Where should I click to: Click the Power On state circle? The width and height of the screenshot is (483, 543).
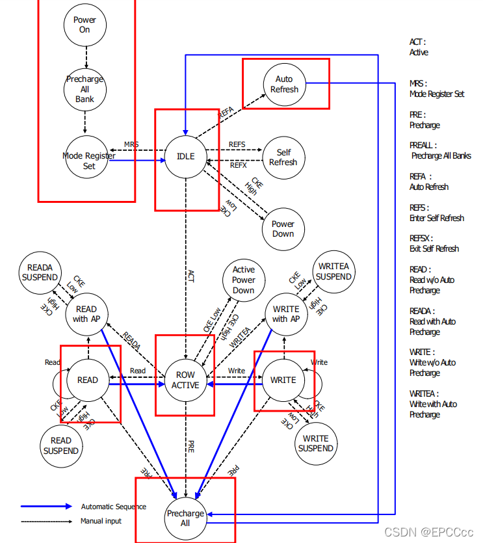[x=85, y=25]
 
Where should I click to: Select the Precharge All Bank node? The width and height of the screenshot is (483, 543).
[x=85, y=89]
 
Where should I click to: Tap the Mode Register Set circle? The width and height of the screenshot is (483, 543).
[x=88, y=161]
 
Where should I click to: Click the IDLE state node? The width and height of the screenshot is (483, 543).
[x=185, y=156]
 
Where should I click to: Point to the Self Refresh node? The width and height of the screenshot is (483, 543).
[x=283, y=157]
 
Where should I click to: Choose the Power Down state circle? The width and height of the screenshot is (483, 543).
[x=283, y=228]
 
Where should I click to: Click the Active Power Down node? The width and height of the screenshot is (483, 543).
[x=244, y=280]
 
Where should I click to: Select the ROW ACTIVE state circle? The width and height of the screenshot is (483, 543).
[x=185, y=380]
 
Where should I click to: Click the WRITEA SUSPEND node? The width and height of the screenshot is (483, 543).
[x=333, y=271]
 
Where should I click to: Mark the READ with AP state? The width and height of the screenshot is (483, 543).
[x=86, y=314]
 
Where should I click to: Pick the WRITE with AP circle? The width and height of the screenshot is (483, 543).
[x=286, y=314]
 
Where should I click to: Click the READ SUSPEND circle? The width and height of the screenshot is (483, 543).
[x=61, y=445]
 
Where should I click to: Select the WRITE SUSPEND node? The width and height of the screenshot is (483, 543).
[x=316, y=443]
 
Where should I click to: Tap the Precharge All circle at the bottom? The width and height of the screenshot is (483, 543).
[x=185, y=518]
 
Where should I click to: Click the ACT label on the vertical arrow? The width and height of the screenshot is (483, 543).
[x=190, y=277]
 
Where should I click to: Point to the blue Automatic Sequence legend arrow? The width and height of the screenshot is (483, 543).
[x=46, y=507]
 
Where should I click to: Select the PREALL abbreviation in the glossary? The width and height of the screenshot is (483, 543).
[x=423, y=145]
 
